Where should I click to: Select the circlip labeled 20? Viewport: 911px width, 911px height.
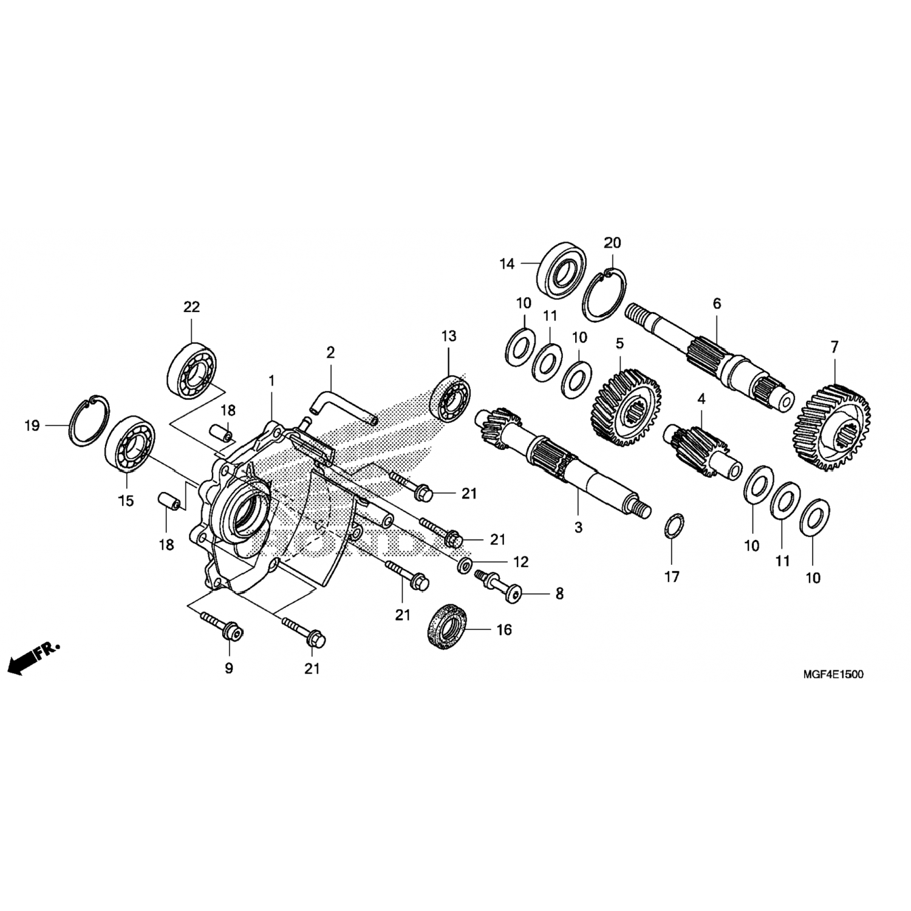(x=606, y=295)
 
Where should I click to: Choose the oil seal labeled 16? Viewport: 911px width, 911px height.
(x=450, y=627)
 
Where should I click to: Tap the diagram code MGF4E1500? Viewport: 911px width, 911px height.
(x=833, y=674)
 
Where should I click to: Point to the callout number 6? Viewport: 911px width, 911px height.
(x=717, y=303)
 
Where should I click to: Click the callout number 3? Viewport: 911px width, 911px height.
(x=578, y=528)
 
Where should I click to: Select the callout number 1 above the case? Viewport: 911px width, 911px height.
(x=271, y=381)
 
